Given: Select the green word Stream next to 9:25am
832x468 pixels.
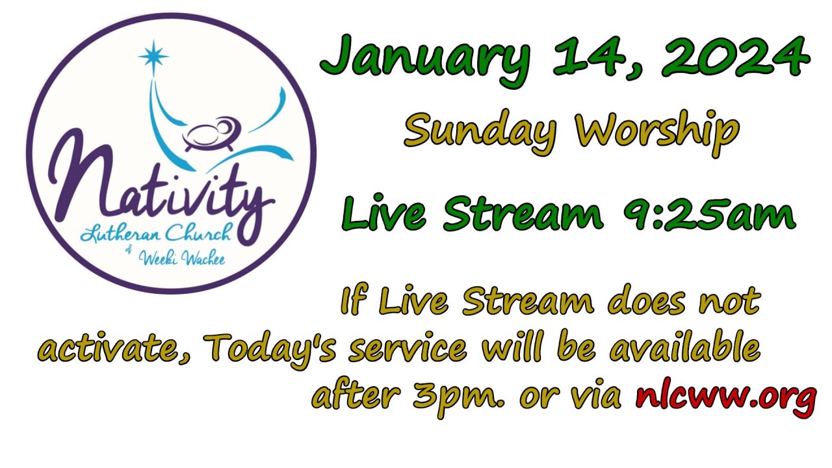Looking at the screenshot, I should (513, 215).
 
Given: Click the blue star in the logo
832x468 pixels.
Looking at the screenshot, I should (153, 57).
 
